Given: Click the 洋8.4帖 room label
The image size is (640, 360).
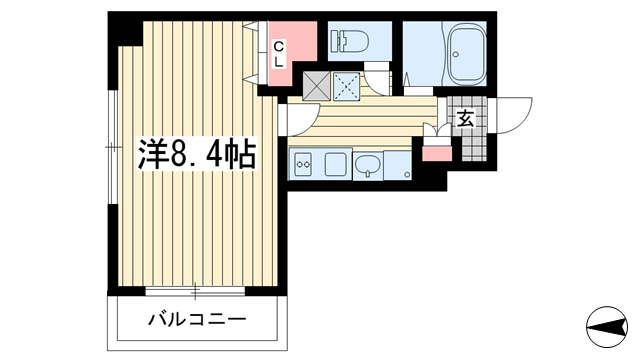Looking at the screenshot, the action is tap(197, 153).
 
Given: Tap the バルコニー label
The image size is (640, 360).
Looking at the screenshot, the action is tap(197, 319).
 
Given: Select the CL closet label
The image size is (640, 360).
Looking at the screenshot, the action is tap(278, 54).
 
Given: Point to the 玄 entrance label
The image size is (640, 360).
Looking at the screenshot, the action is tap(466, 118).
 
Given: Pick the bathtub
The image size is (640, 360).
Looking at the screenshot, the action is tap(467, 53).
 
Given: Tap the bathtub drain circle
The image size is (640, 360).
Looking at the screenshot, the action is tap(456, 54).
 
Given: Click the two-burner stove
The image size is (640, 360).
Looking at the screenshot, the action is tap(304, 164).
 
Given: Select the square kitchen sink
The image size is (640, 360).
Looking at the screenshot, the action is tap(336, 164).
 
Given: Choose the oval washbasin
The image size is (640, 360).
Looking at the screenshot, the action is tap(368, 165).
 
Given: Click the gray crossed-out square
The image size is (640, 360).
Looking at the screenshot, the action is tap(316, 86).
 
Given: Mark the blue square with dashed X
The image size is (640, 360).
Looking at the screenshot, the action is tap(347, 86).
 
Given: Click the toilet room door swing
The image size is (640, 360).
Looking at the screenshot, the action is tap(378, 80).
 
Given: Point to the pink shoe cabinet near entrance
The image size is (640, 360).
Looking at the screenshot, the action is tap(437, 153).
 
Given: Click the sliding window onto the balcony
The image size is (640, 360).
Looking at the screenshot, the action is tap(195, 291).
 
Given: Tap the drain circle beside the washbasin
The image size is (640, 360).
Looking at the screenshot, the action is tap(407, 175).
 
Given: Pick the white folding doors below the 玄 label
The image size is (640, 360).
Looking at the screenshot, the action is tap(436, 133).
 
